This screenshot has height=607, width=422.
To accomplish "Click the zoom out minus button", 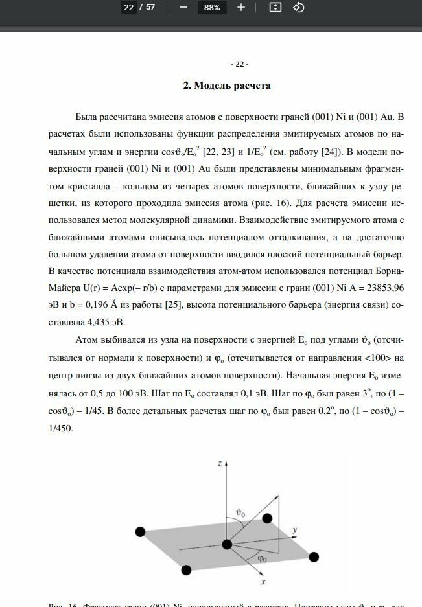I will pyautogui.click(x=183, y=7).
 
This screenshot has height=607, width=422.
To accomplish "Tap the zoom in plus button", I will pyautogui.click(x=241, y=7).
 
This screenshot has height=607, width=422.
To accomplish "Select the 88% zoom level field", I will pyautogui.click(x=211, y=8).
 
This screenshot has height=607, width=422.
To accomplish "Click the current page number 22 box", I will pyautogui.click(x=128, y=7).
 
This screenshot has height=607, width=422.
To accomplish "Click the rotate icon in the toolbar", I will pyautogui.click(x=299, y=7).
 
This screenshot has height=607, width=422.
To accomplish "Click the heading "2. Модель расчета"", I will pyautogui.click(x=226, y=86).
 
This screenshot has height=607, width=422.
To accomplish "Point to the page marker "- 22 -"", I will pyautogui.click(x=239, y=64).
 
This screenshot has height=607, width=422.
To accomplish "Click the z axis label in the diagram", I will pyautogui.click(x=221, y=463).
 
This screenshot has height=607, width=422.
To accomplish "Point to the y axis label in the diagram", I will pyautogui.click(x=295, y=529).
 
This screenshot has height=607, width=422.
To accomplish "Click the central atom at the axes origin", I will pyautogui.click(x=227, y=544).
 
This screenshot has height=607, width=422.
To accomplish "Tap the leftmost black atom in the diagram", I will pyautogui.click(x=139, y=532).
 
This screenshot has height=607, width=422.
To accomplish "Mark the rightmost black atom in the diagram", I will pyautogui.click(x=314, y=556).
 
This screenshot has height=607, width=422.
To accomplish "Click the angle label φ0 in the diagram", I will pyautogui.click(x=262, y=557).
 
